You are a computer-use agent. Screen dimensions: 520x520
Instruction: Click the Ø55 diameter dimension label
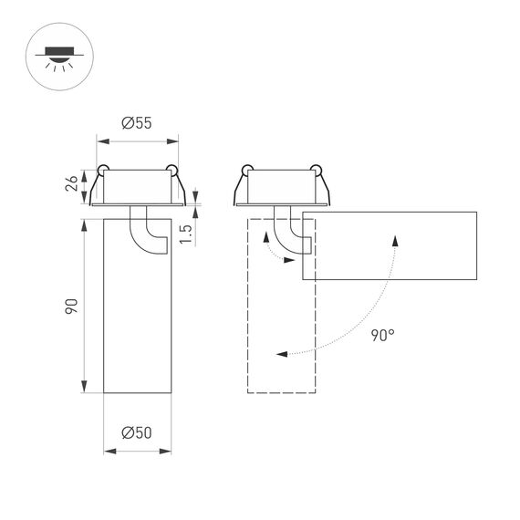[136, 123]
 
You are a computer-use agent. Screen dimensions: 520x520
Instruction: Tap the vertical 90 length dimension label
[71, 306]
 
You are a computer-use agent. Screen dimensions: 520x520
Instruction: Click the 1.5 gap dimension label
[185, 233]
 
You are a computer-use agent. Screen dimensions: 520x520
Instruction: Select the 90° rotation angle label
[383, 335]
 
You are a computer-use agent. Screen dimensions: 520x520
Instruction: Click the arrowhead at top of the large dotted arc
[395, 238]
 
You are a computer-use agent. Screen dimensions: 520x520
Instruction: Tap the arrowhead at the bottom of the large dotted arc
[279, 352]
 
